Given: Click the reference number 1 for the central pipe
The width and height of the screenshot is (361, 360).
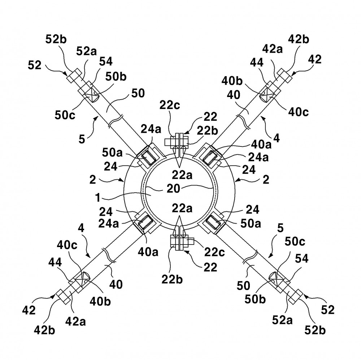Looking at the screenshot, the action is tap(98, 198).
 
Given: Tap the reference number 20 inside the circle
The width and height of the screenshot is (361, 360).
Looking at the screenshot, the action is tap(173, 189).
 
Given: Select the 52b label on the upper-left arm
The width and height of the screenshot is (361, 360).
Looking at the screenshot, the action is tap(56, 39).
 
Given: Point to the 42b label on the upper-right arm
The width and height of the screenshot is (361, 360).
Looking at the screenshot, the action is tap(299, 39).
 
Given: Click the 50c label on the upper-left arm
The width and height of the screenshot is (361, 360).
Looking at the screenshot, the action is tap(65, 115).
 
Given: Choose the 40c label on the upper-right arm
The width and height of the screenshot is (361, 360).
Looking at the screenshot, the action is tap(299, 112).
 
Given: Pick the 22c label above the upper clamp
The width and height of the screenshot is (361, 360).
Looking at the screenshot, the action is tap(170, 105).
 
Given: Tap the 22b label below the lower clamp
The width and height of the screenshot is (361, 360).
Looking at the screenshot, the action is tap(172, 280).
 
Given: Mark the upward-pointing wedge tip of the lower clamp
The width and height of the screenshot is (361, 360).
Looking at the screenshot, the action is tap(180, 216).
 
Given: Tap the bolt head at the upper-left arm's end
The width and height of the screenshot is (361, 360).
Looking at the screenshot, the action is tap(74, 76).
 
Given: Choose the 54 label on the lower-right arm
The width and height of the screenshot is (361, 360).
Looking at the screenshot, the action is tap(301, 259).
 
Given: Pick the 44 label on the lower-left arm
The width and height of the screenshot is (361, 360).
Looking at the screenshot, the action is tap(55, 262).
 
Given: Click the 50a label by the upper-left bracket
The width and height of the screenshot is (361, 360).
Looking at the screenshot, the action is tap(112, 153).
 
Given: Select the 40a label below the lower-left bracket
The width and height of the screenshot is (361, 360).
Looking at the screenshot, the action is tap(148, 252).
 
